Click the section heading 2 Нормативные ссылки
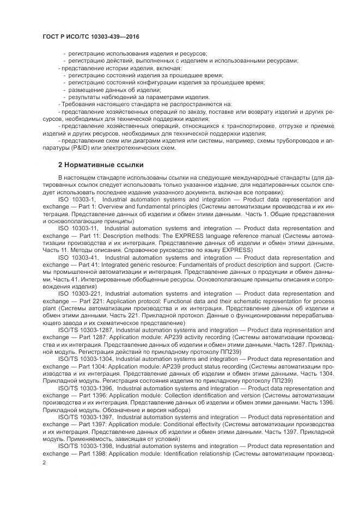click(x=101, y=164)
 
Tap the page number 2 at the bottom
click(x=44, y=462)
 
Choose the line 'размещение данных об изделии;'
click(x=112, y=89)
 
